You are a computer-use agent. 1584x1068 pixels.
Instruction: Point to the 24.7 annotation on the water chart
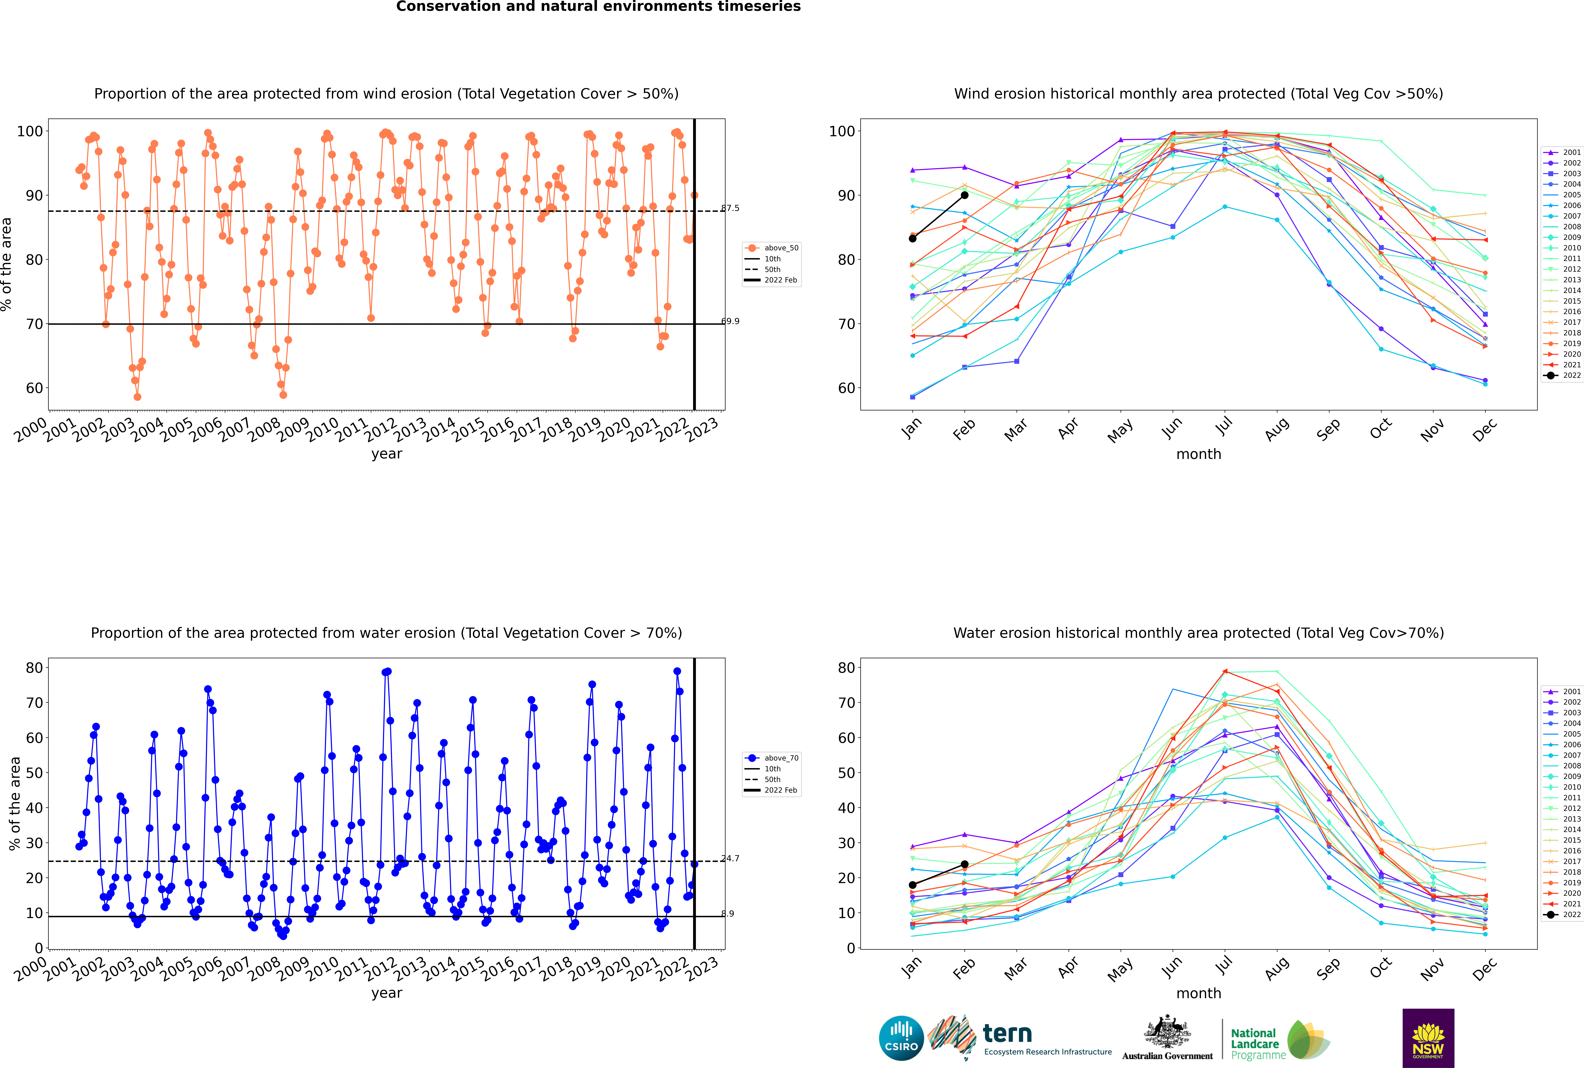pyautogui.click(x=730, y=858)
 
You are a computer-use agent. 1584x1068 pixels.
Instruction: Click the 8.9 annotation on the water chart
pyautogui.click(x=728, y=913)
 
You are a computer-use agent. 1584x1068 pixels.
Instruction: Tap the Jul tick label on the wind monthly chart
pyautogui.click(x=1224, y=427)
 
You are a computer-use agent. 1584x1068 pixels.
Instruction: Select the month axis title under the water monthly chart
pyautogui.click(x=1199, y=993)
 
